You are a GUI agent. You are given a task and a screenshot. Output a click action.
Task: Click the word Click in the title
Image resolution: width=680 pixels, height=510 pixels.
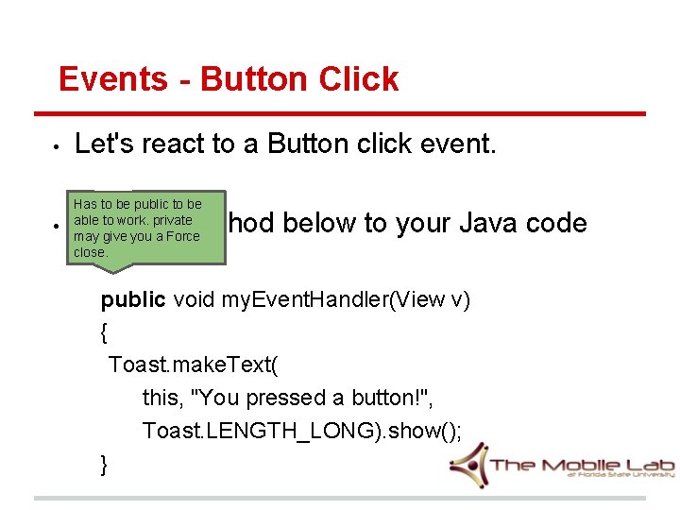pyautogui.click(x=360, y=79)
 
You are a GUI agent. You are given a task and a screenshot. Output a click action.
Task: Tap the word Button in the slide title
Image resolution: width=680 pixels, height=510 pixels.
pyautogui.click(x=253, y=79)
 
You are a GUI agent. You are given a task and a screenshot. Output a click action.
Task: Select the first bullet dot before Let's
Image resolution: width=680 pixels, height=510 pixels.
pyautogui.click(x=58, y=147)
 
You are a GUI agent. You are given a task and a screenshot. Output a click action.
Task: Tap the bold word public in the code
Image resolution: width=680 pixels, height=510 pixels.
pyautogui.click(x=133, y=299)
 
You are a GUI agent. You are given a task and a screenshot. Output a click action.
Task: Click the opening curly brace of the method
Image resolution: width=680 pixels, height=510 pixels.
pyautogui.click(x=103, y=332)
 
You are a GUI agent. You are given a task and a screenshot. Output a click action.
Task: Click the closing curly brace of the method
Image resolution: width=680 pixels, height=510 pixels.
pyautogui.click(x=103, y=463)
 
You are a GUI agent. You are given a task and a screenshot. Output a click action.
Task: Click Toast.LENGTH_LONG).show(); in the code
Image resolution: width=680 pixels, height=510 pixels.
pyautogui.click(x=302, y=430)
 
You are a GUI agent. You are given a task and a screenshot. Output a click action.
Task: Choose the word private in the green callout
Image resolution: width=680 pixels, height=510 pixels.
pyautogui.click(x=172, y=220)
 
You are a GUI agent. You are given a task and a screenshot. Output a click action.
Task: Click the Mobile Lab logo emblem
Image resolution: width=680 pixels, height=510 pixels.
pyautogui.click(x=468, y=465)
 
